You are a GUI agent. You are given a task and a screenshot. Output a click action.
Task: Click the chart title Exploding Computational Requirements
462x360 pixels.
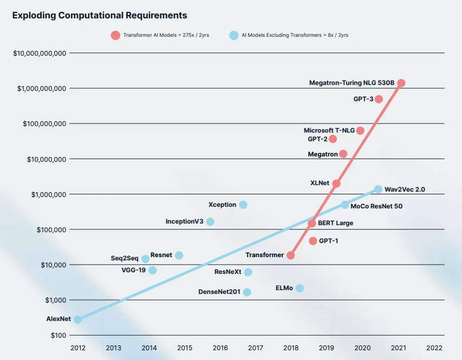(x=100, y=16)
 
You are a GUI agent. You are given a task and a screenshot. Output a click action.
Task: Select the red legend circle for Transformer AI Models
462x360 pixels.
(x=115, y=36)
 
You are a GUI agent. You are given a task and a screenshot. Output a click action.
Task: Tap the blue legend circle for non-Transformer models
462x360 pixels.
(x=233, y=36)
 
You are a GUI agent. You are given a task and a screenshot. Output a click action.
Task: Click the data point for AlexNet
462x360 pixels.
(x=77, y=319)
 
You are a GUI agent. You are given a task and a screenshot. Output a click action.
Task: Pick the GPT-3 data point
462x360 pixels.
(x=379, y=99)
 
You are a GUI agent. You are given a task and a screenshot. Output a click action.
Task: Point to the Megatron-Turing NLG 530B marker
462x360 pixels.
(x=401, y=83)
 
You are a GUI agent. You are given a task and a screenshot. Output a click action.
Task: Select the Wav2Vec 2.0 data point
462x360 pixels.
(x=378, y=189)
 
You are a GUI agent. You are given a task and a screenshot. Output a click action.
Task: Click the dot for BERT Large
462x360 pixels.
(x=312, y=223)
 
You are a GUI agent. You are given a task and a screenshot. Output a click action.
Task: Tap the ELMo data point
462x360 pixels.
(x=300, y=288)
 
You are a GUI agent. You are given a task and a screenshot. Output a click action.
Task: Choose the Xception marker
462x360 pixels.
(x=243, y=205)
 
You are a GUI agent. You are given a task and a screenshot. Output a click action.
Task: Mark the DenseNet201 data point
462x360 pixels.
(x=247, y=292)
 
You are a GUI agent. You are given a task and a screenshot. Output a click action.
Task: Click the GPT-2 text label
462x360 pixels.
(x=317, y=139)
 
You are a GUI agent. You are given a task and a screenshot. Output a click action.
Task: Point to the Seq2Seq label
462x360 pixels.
(x=125, y=259)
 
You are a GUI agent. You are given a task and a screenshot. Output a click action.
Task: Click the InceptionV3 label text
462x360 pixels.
(x=184, y=221)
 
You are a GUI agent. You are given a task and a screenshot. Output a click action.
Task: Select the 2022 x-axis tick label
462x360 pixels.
(x=434, y=348)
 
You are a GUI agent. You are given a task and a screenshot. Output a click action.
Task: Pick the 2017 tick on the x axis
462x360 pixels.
(x=255, y=348)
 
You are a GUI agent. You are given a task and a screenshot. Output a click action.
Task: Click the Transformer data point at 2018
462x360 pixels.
(x=291, y=255)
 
